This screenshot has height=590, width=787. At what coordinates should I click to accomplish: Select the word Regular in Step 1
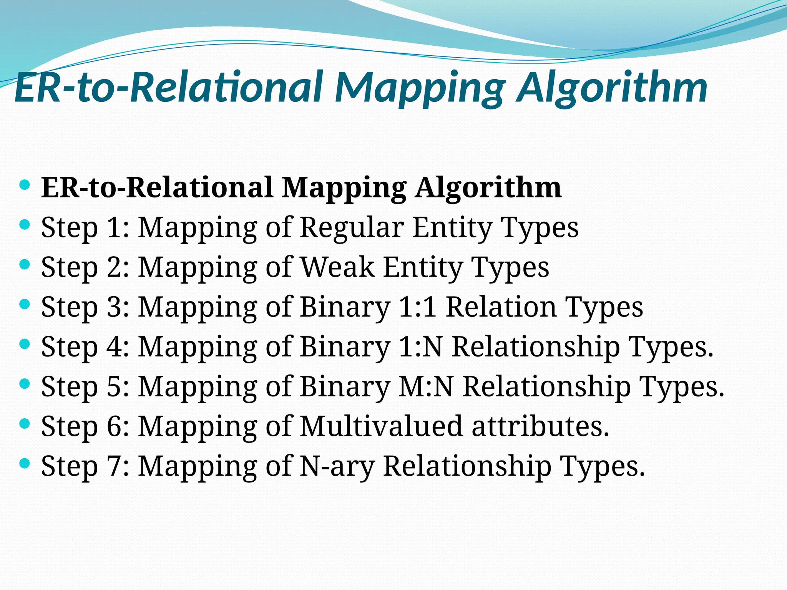coord(352,227)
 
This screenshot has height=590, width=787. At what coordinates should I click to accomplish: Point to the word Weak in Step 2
coord(337,267)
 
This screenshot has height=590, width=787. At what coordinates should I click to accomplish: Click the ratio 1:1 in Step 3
coord(418,307)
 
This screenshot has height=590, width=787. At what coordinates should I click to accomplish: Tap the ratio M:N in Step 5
coord(426,386)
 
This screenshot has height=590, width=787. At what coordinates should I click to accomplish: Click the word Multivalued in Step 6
coord(381,426)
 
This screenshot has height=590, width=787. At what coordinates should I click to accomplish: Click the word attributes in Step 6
coord(540,426)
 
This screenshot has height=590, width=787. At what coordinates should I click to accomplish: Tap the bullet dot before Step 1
coord(24,224)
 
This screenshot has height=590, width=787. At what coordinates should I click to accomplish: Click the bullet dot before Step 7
coord(24,463)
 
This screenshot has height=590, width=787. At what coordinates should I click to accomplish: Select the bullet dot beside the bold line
coord(24,185)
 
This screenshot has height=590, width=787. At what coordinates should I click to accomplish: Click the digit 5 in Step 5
coord(114,386)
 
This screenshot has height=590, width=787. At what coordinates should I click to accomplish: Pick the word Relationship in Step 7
coord(467,466)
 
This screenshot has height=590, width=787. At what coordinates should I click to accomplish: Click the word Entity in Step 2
coord(423,267)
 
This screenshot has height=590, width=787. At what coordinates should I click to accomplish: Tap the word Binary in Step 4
coord(345,347)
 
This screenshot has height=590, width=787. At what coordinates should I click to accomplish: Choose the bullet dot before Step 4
coord(24,344)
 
